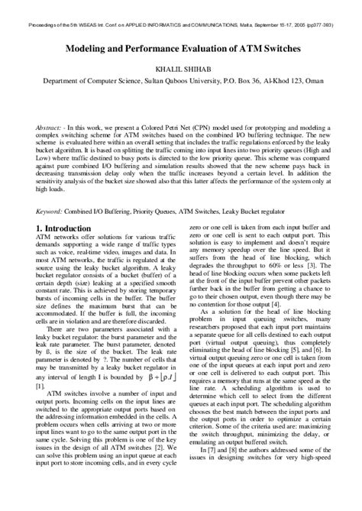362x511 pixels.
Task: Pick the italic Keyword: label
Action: pos(53,209)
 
